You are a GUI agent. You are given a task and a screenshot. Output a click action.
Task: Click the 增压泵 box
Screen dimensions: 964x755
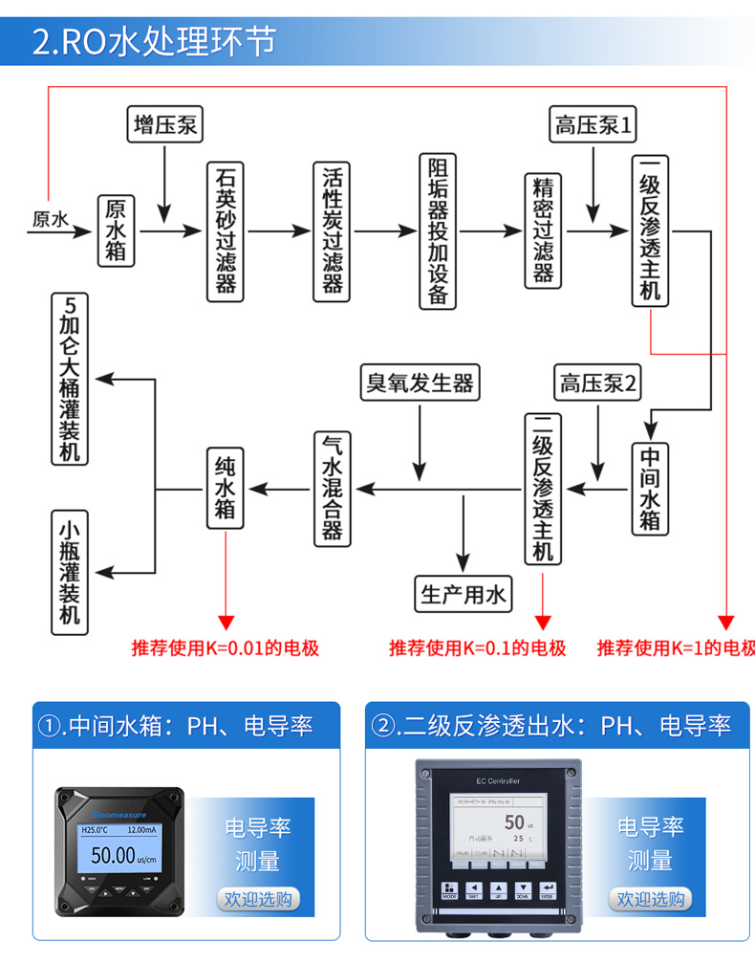click(166, 125)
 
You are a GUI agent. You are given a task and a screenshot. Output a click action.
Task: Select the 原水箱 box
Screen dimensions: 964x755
click(116, 230)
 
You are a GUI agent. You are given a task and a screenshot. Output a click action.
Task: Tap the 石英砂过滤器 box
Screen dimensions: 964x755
click(226, 230)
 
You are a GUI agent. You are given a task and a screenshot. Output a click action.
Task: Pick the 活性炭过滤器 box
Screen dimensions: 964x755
click(332, 230)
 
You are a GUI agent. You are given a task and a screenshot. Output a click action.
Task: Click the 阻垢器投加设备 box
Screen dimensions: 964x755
click(438, 230)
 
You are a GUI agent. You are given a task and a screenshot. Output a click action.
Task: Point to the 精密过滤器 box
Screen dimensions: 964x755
click(543, 230)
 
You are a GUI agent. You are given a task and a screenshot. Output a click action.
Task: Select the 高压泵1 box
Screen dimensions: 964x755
click(594, 125)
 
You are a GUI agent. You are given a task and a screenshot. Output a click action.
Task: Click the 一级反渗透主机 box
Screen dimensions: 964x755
click(650, 230)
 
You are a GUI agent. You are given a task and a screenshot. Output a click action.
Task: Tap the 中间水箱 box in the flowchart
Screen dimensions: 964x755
click(650, 487)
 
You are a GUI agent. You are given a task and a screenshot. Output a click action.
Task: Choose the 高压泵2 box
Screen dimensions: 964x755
click(598, 383)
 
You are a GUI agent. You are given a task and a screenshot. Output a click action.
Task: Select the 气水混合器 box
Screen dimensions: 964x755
click(332, 487)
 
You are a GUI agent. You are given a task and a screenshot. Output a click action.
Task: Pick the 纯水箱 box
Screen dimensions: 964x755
click(226, 487)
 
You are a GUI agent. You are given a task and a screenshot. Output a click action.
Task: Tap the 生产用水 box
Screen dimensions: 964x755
click(463, 595)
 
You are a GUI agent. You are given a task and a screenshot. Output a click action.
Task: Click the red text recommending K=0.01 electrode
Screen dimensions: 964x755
click(226, 648)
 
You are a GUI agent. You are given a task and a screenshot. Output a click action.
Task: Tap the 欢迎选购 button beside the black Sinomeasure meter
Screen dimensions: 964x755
click(257, 899)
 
